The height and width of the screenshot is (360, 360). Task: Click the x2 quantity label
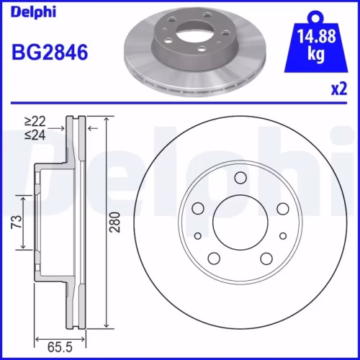pyautogui.click(x=338, y=89)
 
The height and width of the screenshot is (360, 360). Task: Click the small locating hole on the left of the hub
pyautogui.click(x=198, y=235)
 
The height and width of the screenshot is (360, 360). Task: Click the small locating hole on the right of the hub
pyautogui.click(x=282, y=235)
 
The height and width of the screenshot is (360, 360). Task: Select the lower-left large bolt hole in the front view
pyautogui.click(x=214, y=258)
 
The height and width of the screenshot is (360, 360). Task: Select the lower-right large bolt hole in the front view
pyautogui.click(x=266, y=258)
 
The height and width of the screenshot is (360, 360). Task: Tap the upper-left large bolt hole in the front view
pyautogui.click(x=198, y=209)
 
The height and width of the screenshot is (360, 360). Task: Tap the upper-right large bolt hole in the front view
pyautogui.click(x=282, y=209)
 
